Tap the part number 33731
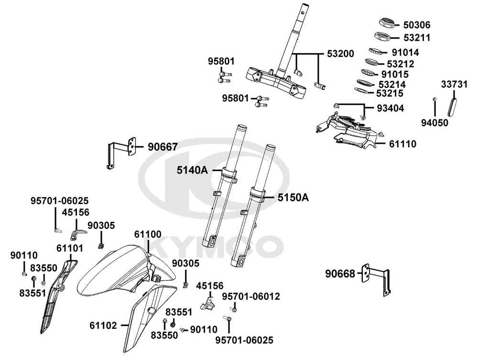(x=454, y=84)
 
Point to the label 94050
(x=435, y=123)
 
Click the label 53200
(x=340, y=54)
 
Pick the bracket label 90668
(x=340, y=274)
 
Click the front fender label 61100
(x=148, y=234)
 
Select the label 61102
(x=103, y=326)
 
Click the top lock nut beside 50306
(x=388, y=23)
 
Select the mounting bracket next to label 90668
(x=376, y=278)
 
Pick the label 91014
(x=405, y=53)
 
